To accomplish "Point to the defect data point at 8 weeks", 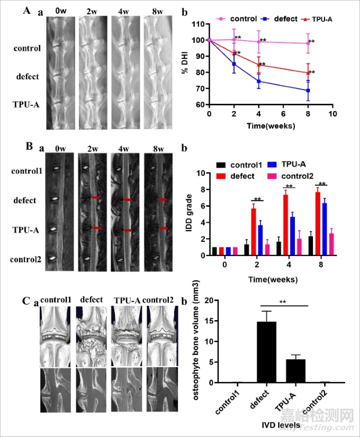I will tap(307, 90).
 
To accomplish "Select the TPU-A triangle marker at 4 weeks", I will tap(259, 65).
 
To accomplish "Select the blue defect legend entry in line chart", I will tap(281, 18).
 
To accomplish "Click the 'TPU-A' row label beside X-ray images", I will tap(26, 105).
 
